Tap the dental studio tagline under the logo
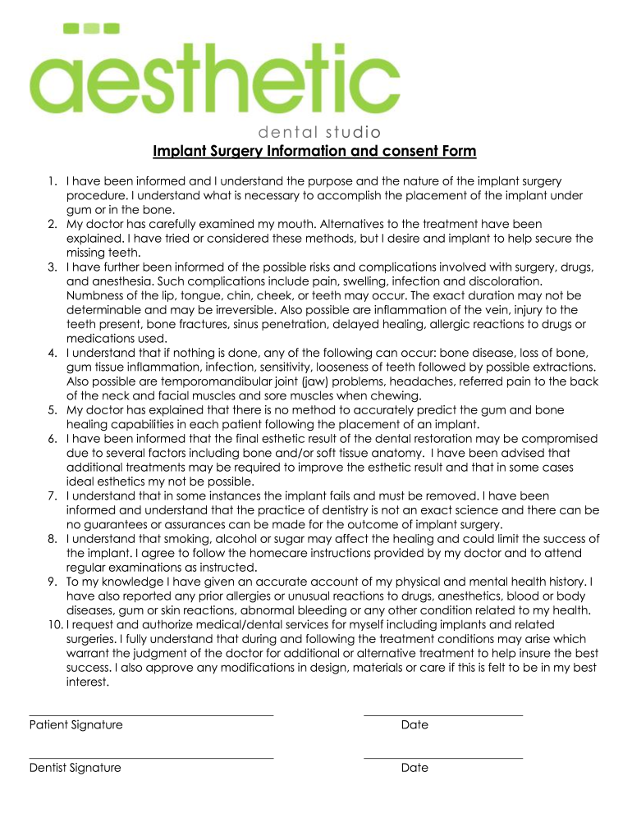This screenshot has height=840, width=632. click(319, 132)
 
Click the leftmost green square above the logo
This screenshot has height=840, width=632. click(71, 28)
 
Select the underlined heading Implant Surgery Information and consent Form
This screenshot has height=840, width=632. click(314, 152)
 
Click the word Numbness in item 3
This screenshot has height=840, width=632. click(95, 295)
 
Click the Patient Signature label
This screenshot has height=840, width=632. click(76, 725)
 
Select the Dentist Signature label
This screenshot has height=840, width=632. click(75, 768)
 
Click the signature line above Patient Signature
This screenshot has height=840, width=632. click(151, 715)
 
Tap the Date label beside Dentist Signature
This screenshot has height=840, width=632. click(414, 768)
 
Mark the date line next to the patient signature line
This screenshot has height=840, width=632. click(443, 715)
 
